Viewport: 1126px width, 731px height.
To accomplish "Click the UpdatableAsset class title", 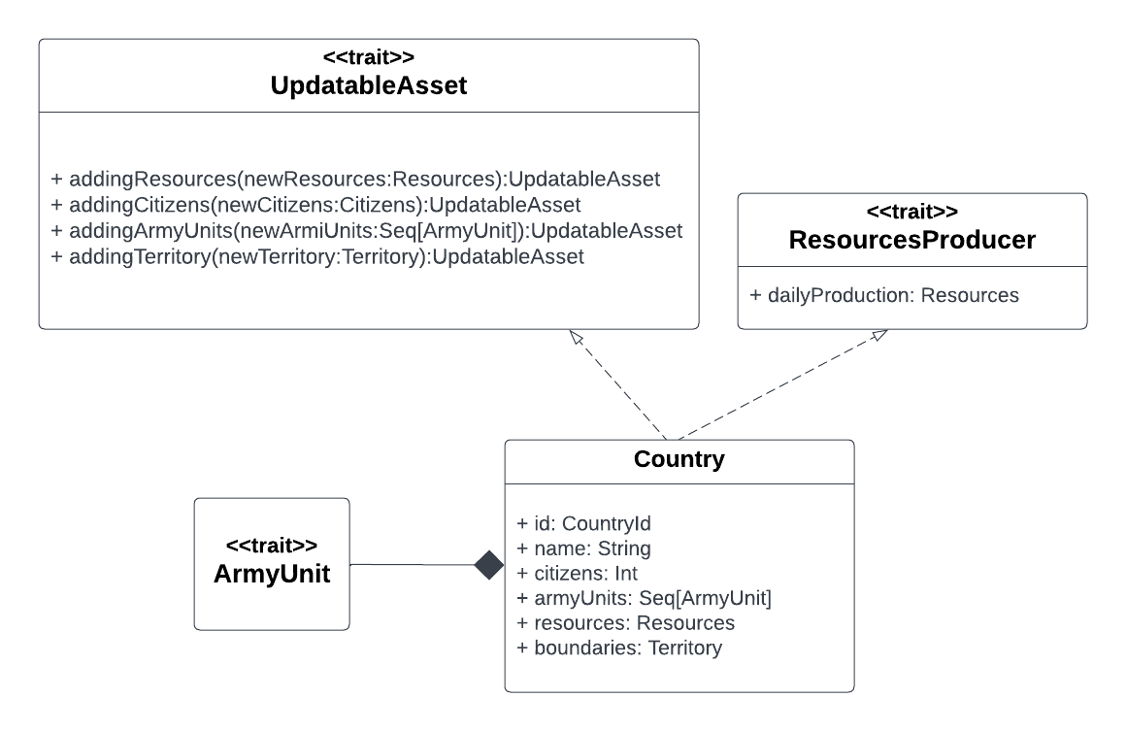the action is [x=369, y=86].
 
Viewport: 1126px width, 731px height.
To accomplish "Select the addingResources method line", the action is [x=355, y=179].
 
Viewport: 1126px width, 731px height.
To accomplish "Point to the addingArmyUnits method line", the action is [x=367, y=231].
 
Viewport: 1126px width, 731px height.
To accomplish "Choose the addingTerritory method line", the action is [x=317, y=257].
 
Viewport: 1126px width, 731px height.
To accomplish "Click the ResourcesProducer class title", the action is [x=911, y=240].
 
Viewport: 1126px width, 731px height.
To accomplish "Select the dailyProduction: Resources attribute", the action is [x=884, y=295].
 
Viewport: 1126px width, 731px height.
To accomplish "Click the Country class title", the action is [x=679, y=459].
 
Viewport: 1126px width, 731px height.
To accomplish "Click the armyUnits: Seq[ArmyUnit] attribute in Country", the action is [x=644, y=598].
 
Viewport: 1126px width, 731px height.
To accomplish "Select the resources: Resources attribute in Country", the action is [x=625, y=622].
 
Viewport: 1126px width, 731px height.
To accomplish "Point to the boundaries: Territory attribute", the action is [x=619, y=647].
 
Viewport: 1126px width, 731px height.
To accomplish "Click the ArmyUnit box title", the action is [x=272, y=574].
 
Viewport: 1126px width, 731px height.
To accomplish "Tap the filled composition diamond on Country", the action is [x=489, y=565].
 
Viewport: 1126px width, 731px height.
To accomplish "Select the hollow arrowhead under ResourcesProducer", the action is [x=878, y=335].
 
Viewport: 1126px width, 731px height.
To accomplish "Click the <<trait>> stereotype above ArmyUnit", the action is [x=272, y=546].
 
